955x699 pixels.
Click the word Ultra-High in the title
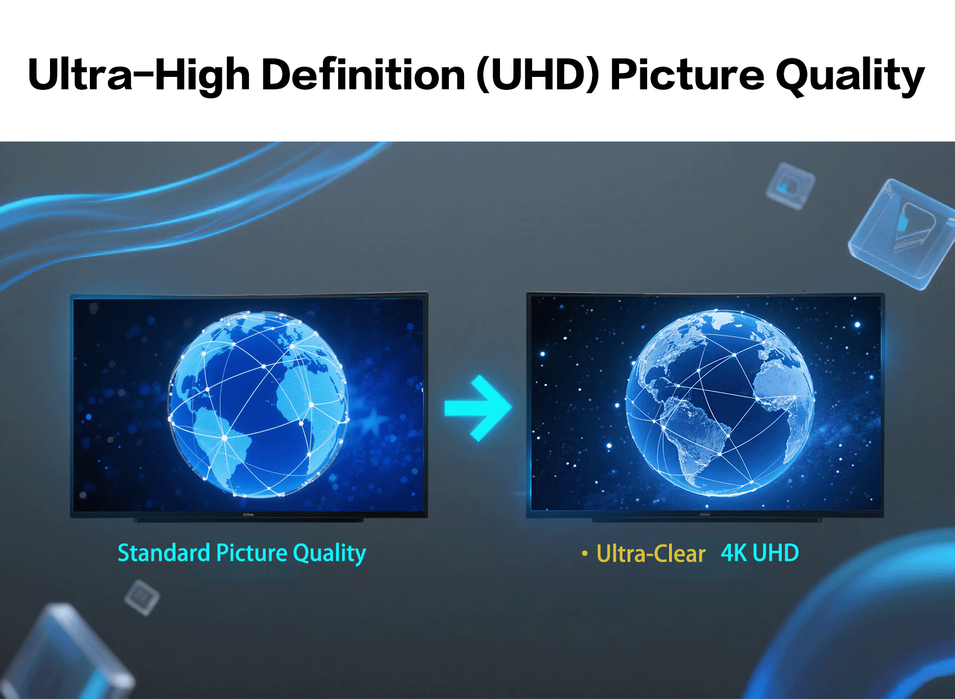pos(139,75)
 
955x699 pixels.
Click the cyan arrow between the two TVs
pos(478,408)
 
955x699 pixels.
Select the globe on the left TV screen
pos(258,404)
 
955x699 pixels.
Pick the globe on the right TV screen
pos(720,403)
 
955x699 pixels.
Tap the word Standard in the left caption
pos(163,552)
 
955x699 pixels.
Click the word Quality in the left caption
pos(330,554)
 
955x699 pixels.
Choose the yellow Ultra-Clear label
pos(651,554)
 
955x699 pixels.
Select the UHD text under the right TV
pos(775,553)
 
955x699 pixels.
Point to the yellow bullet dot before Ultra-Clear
pos(585,554)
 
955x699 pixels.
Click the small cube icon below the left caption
pos(142,597)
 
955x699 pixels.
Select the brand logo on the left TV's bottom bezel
pos(248,514)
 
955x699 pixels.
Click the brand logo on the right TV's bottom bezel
pos(704,514)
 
